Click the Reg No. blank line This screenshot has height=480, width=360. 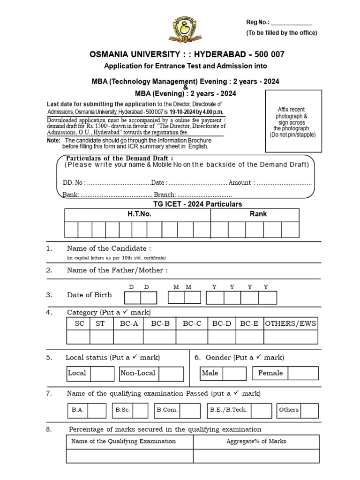[291, 23]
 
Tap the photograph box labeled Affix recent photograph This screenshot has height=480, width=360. [293, 121]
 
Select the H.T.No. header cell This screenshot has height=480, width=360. [137, 214]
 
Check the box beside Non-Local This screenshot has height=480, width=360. [171, 374]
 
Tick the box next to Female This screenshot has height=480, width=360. [303, 374]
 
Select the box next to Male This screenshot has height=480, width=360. [234, 374]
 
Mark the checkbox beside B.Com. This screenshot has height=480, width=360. [190, 411]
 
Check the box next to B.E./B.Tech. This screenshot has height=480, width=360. [261, 411]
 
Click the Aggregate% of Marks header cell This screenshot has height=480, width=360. [256, 442]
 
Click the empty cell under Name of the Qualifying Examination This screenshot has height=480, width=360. [129, 456]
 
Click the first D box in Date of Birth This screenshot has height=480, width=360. [132, 298]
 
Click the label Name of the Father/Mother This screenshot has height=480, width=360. [117, 270]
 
